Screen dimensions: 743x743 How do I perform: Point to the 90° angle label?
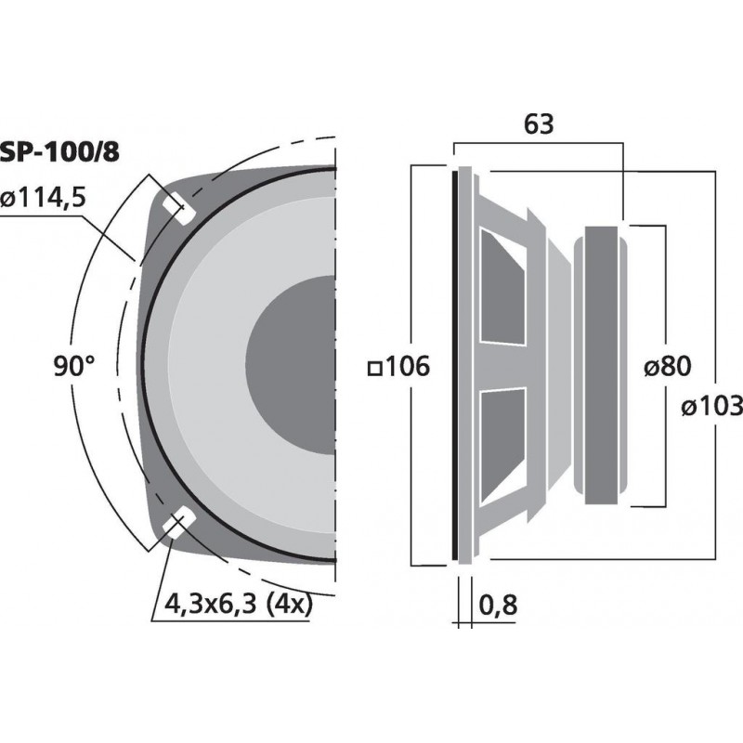[73, 367]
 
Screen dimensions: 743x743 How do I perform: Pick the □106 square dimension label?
[399, 367]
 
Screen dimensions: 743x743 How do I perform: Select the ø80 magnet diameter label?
[666, 367]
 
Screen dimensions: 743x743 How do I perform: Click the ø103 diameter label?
[710, 406]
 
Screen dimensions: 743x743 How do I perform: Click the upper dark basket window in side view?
[502, 288]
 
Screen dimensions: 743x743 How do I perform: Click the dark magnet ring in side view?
[603, 366]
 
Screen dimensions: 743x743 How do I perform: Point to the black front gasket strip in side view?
[456, 366]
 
